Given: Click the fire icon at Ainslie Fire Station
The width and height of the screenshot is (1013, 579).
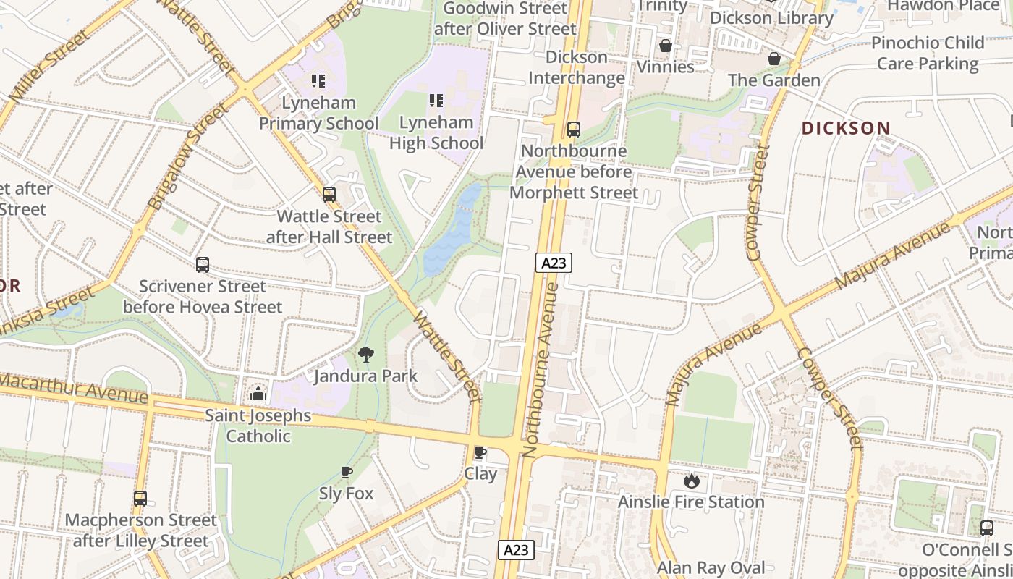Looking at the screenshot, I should pos(692,480).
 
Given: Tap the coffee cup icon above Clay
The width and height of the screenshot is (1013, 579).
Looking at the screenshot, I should pos(480,452).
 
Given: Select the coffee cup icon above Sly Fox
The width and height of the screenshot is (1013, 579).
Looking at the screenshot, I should pos(347,472).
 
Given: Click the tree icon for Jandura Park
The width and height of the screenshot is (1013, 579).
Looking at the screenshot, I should pos(366,354).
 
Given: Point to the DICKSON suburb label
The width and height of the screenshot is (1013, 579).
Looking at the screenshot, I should pos(846,128).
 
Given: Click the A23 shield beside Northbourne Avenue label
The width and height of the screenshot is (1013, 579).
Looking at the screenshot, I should pos(554,263).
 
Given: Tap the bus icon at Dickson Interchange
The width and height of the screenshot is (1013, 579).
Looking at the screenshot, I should pos(574,130).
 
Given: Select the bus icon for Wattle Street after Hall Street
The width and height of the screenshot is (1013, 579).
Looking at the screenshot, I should pos(329,194).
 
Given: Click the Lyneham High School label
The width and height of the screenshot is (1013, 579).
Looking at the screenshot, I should pos(436,132).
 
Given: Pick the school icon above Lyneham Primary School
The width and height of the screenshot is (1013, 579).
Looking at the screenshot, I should pos(318,80).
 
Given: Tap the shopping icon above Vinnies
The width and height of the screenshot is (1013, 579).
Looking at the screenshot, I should pos(666,46).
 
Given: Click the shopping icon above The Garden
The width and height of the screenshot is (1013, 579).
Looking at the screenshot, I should pos(774,59).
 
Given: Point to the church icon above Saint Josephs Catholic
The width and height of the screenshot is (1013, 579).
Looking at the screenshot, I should pos(258,394).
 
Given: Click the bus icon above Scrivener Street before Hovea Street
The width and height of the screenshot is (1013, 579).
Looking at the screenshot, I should pos(203,265).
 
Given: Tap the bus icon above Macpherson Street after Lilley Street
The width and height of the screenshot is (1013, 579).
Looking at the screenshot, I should pos(140,498).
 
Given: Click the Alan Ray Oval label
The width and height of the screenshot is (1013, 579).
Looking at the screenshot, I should pos(711,567).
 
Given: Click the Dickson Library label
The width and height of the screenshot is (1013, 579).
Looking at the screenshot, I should pos(771,17).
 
